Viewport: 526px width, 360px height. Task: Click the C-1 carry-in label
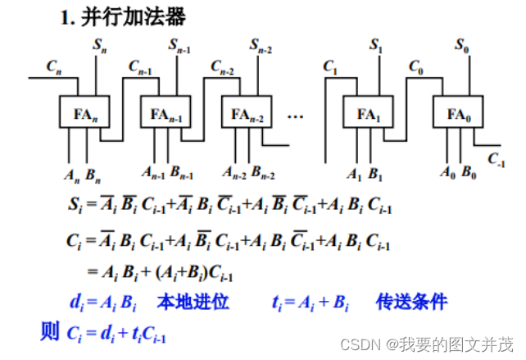point(496,158)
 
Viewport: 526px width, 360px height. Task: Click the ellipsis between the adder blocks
point(296,116)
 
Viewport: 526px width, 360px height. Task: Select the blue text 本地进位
point(194,302)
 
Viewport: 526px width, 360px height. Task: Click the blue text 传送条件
point(412,302)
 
